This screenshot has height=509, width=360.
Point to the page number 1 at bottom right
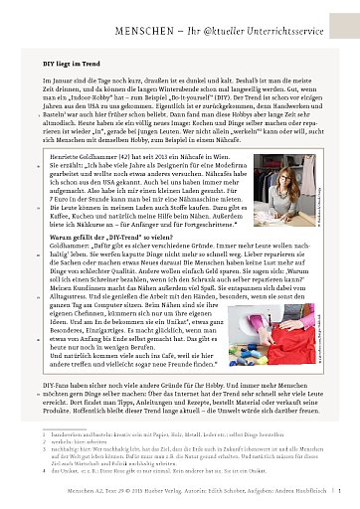coord(341,505)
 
